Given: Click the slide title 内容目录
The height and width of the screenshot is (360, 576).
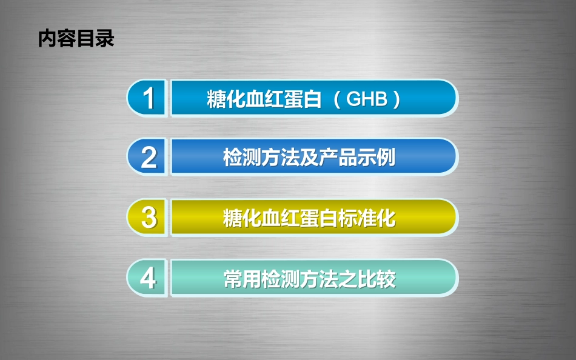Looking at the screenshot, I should coord(76,39).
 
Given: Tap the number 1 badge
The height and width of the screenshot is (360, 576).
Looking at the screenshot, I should coord(149,98).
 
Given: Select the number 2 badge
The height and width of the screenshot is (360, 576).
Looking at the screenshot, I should coord(149,158).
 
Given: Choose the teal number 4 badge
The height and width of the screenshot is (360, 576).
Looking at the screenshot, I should coord(149,279).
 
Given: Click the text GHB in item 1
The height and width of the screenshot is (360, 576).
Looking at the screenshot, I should coord(367,99).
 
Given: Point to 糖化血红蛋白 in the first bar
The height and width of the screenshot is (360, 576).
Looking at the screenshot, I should coord(264,99).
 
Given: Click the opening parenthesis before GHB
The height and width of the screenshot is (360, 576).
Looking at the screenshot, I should coord(338,99).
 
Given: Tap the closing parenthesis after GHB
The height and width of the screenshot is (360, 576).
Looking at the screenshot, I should coord(397,99).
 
